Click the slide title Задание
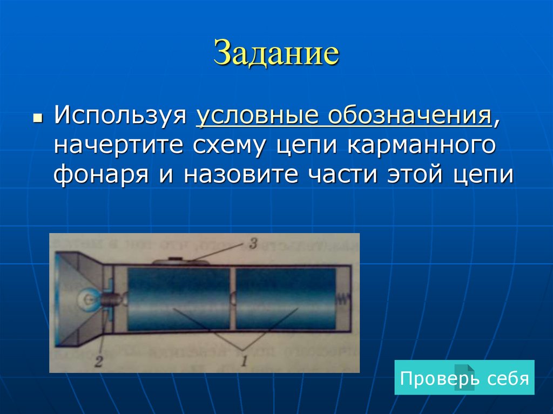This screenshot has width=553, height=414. (276, 55)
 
